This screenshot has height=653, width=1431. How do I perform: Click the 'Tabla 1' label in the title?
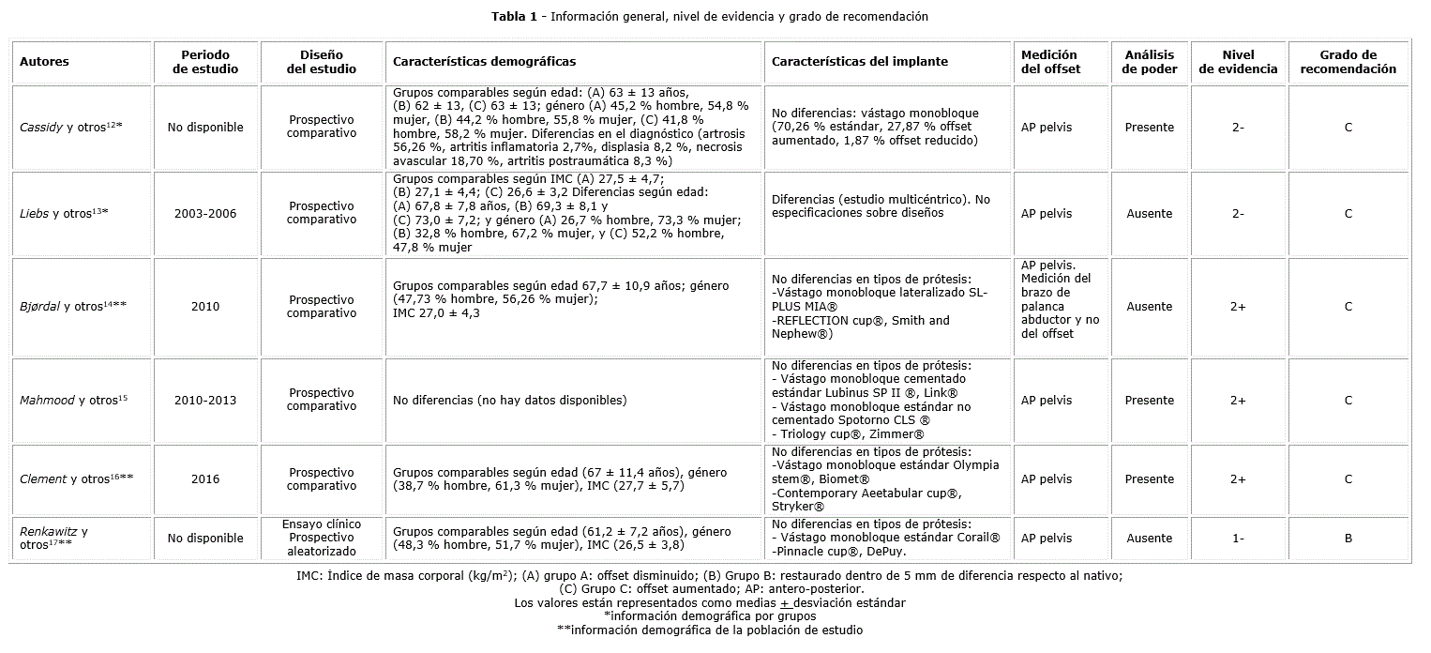(x=518, y=17)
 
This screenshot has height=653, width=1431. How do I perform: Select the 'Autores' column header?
(x=44, y=62)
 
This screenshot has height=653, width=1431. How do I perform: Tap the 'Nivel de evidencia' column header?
(x=1238, y=62)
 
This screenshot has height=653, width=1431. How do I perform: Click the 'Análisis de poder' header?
(x=1150, y=62)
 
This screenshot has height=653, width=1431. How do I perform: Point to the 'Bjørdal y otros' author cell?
(x=73, y=307)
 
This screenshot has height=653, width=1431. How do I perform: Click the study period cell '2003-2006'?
(x=205, y=213)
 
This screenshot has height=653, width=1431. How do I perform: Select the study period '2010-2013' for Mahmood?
(x=205, y=401)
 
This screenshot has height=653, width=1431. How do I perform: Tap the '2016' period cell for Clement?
(x=205, y=479)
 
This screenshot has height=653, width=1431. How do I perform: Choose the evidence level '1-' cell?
(x=1238, y=539)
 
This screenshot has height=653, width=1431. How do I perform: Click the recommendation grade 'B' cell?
(x=1348, y=539)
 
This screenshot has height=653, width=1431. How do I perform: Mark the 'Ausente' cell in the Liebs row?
(x=1150, y=213)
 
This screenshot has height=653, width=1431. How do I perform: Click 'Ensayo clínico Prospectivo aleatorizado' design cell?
(x=322, y=538)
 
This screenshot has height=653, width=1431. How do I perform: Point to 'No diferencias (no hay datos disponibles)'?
(x=509, y=401)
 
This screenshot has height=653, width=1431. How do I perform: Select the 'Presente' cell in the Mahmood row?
(x=1150, y=401)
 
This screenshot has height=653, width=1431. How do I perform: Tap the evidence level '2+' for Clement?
(x=1238, y=479)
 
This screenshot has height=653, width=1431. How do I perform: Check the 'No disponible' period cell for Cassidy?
(x=205, y=127)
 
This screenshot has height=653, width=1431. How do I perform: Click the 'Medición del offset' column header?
(x=1049, y=62)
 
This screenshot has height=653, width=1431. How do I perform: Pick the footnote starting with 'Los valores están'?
(x=710, y=603)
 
